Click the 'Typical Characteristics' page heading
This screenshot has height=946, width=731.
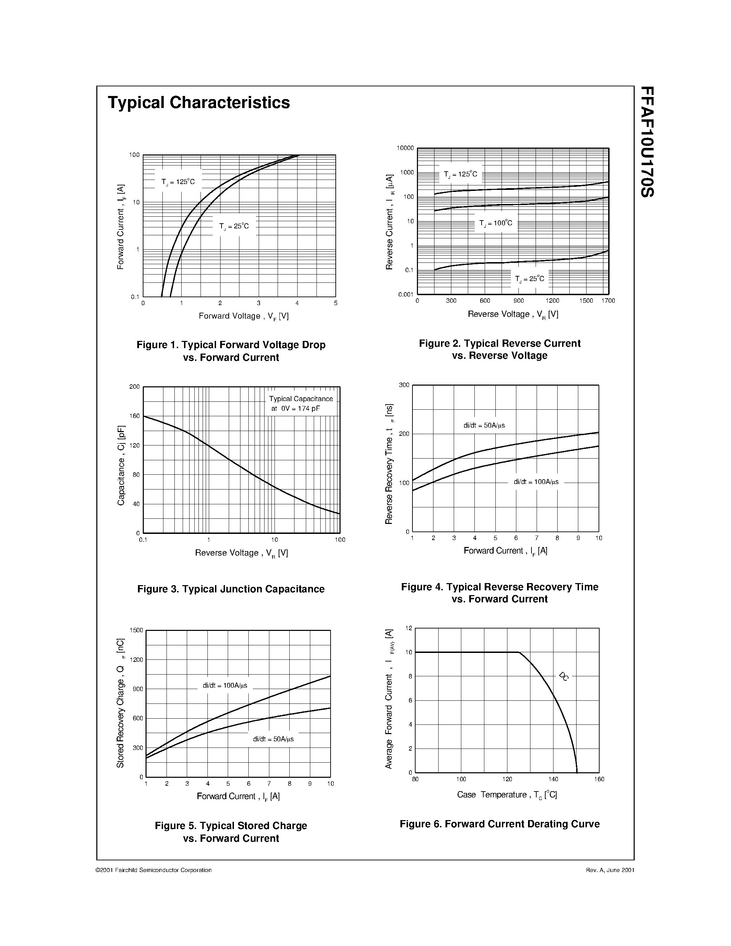[199, 103]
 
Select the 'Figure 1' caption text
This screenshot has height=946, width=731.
[231, 351]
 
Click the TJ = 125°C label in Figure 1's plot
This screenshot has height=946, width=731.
[178, 182]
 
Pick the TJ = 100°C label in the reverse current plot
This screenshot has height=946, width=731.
[495, 223]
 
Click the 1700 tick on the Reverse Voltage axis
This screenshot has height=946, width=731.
[608, 301]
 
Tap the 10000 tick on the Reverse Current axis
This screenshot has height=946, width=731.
[405, 148]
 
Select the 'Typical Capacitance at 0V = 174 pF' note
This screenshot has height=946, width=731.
[301, 403]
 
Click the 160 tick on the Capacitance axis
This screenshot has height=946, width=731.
[135, 416]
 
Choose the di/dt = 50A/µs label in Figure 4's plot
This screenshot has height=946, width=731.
[484, 425]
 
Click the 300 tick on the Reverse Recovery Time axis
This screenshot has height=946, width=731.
[404, 385]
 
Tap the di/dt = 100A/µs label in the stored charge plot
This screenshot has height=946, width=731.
[225, 686]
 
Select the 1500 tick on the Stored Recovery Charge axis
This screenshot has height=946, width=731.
[137, 630]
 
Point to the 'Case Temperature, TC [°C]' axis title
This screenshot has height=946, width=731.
[507, 794]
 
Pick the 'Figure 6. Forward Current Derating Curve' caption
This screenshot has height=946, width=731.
[499, 824]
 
